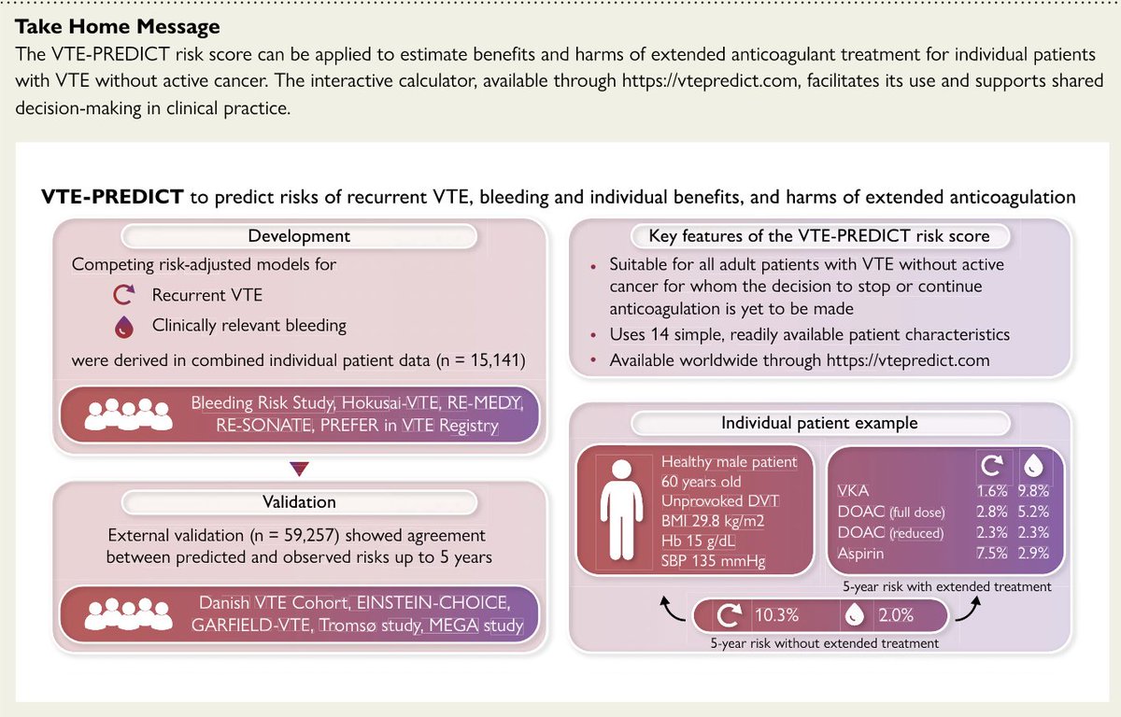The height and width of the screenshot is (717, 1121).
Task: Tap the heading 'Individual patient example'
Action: click(x=819, y=423)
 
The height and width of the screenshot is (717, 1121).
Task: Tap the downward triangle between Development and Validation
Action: click(x=300, y=468)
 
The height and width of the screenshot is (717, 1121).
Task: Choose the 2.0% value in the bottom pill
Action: click(x=894, y=616)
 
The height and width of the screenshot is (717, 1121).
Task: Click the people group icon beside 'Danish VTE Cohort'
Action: click(x=123, y=614)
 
